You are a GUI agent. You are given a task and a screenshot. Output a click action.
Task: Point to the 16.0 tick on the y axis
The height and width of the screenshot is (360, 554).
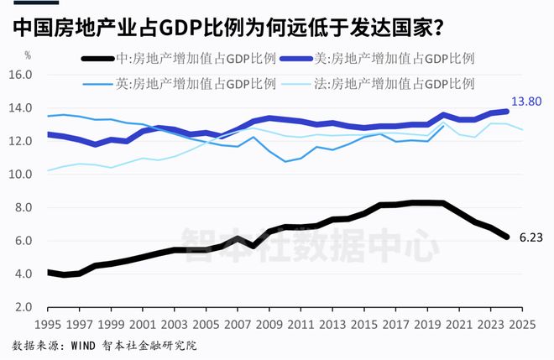point(21,75)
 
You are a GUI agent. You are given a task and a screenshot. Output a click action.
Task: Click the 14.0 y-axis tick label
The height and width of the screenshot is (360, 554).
point(21,108)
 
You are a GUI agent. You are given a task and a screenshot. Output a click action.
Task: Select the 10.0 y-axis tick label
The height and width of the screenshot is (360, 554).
point(21,175)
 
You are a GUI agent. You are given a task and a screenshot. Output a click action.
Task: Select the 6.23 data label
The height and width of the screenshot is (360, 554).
point(530,237)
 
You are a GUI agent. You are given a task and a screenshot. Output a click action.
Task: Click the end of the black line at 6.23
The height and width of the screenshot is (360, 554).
point(506,237)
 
